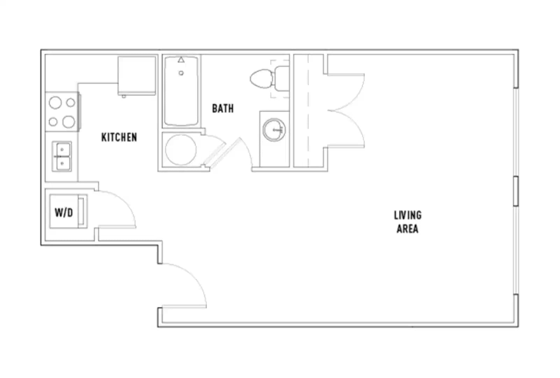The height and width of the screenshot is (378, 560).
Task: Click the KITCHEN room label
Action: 119,137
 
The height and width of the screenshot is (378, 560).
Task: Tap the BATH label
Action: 223,108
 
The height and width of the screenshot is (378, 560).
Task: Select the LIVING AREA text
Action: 408,222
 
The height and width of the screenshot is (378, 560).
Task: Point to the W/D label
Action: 64,212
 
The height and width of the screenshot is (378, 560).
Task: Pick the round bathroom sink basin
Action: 274,130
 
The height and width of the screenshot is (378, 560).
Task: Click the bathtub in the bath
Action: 181,91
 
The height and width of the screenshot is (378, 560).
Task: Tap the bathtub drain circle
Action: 181,73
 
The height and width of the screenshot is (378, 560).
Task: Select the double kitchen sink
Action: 62,157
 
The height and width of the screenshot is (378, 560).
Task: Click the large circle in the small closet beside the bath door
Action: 181,150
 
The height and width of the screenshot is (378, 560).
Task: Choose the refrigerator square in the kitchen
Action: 137,75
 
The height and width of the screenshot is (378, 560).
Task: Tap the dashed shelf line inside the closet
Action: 308,111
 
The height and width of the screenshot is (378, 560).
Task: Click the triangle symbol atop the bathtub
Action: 181,60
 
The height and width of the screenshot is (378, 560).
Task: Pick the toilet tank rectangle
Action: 282,79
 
